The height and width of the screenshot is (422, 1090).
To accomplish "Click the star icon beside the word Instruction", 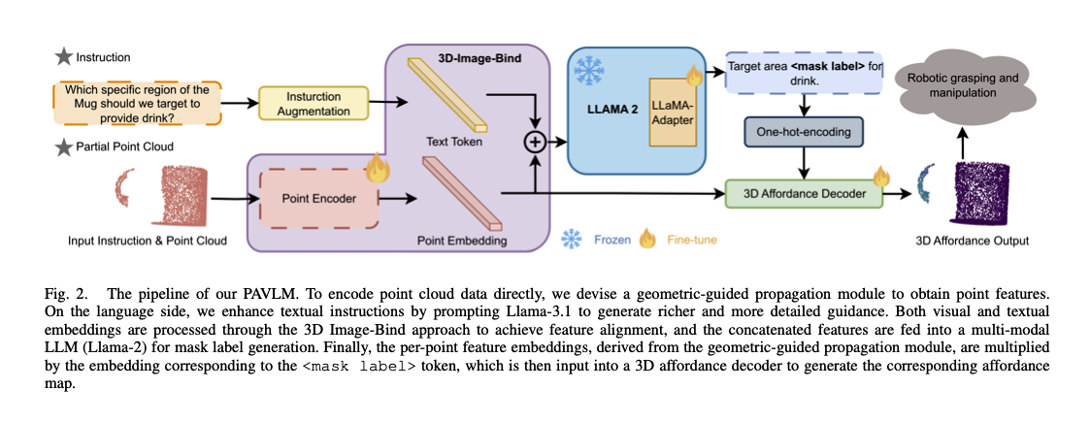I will click(x=63, y=57).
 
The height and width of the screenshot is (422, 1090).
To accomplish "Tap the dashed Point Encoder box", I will click(x=316, y=198).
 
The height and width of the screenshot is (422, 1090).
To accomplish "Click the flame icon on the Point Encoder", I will click(x=377, y=170).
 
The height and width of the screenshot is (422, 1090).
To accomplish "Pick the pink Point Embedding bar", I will click(x=462, y=189).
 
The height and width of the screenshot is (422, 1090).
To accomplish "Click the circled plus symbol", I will click(x=533, y=142).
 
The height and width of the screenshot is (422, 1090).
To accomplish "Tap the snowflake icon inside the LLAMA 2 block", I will click(x=587, y=71).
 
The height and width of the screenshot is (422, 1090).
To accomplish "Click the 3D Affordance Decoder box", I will click(x=805, y=195).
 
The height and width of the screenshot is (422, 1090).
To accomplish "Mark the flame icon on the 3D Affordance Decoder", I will click(x=881, y=177).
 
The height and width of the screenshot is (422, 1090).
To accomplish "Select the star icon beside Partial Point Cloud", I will click(x=64, y=146).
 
